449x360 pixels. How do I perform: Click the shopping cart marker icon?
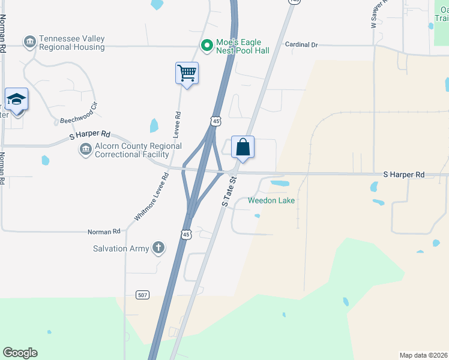click(187, 74)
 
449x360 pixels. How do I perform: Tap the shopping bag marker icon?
click(243, 148)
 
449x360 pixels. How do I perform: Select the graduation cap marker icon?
click(16, 100)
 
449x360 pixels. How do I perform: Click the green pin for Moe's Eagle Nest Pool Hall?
click(206, 45)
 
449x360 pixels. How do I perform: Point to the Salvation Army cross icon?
click(158, 248)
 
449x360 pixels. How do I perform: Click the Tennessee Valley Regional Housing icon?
click(29, 42)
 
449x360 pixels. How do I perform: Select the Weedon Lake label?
click(271, 200)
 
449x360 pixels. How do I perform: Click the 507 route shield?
click(142, 295)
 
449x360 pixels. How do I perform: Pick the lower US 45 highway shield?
click(187, 234)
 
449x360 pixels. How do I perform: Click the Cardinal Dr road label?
click(301, 44)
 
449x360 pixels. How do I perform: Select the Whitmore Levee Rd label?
click(150, 195)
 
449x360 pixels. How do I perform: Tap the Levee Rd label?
click(177, 125)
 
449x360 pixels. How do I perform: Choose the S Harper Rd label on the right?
click(404, 175)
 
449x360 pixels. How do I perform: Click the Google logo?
click(20, 353)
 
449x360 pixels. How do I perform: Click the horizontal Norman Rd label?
click(104, 231)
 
